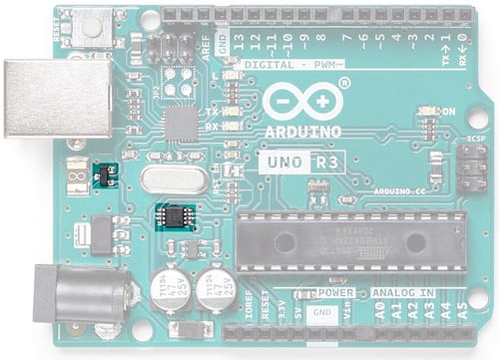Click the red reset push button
pyautogui.click(x=95, y=28)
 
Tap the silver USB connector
pyautogui.click(x=55, y=98)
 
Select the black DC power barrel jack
pyautogui.click(x=80, y=294)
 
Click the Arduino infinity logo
pyautogui.click(x=303, y=103)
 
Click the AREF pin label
pyautogui.click(x=206, y=48)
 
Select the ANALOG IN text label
pyautogui.click(x=402, y=293)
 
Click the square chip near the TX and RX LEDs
pyautogui.click(x=181, y=125)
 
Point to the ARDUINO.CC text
pyautogui.click(x=400, y=187)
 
